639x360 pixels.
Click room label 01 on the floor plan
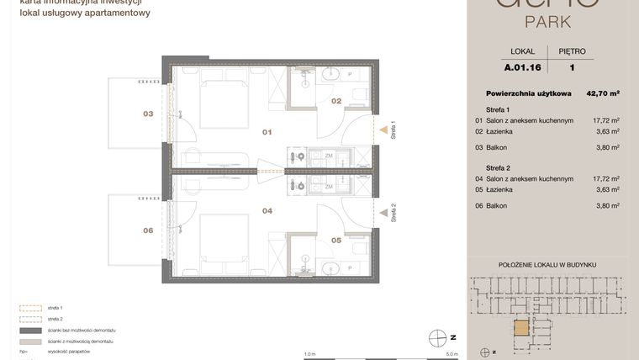point(267,132)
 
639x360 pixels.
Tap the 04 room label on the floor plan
point(267,211)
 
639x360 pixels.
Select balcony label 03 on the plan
point(148,114)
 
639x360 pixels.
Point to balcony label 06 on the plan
point(148,230)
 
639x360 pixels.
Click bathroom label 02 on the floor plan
point(335,101)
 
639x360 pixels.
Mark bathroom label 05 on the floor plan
point(335,241)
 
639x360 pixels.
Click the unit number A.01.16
point(522,67)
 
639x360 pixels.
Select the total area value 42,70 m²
point(603,93)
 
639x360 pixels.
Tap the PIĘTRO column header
point(572,51)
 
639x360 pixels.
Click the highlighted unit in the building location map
point(522,328)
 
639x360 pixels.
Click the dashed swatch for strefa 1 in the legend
point(31,309)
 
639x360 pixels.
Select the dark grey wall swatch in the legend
point(31,331)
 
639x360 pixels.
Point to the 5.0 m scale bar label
point(452,354)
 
